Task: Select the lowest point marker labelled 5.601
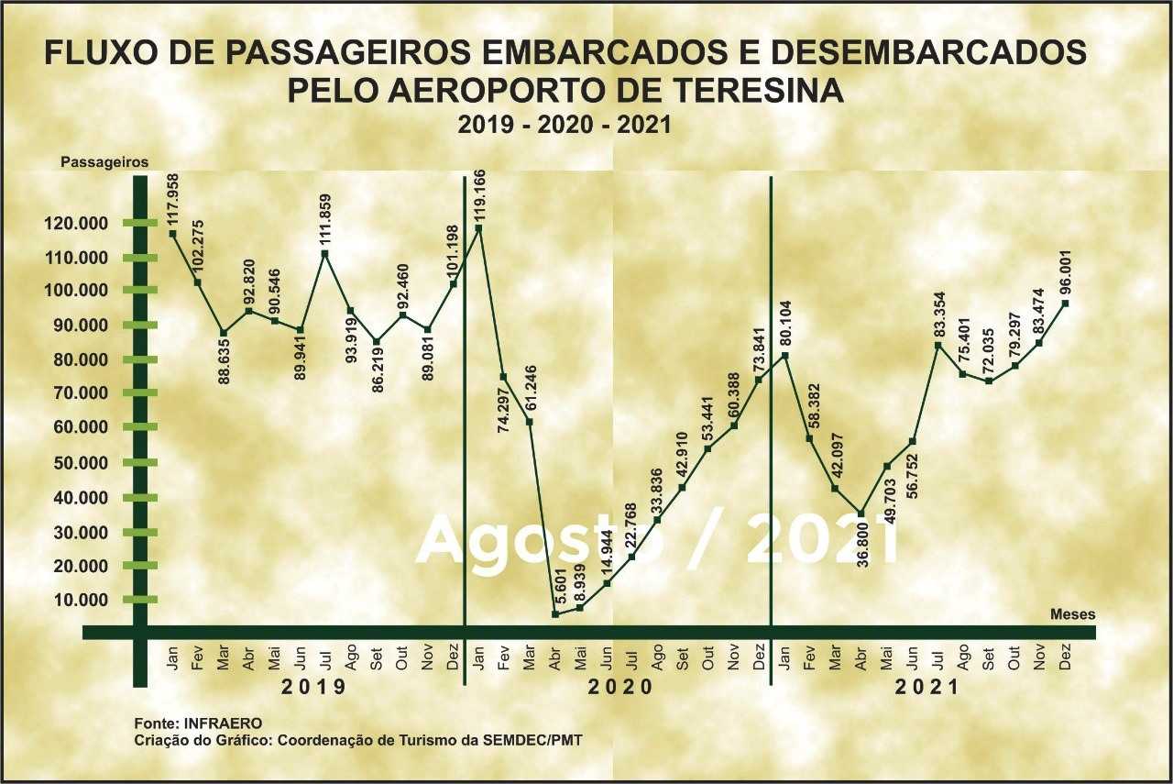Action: (x=554, y=613)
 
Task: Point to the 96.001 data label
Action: (x=1065, y=267)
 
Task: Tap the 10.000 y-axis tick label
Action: (x=85, y=600)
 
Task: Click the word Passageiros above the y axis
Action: (x=104, y=161)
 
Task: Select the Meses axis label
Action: (x=1072, y=614)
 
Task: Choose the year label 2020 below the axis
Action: (x=619, y=686)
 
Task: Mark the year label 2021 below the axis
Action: (x=926, y=686)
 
